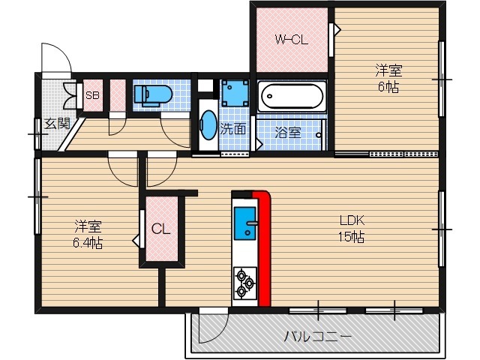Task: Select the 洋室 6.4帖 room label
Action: (88, 234)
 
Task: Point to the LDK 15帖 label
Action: (351, 229)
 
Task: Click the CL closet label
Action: (161, 229)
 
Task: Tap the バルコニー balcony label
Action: (307, 335)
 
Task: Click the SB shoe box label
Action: (92, 96)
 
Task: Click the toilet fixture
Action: (152, 95)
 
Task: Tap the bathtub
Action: (292, 96)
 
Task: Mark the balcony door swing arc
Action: (212, 325)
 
